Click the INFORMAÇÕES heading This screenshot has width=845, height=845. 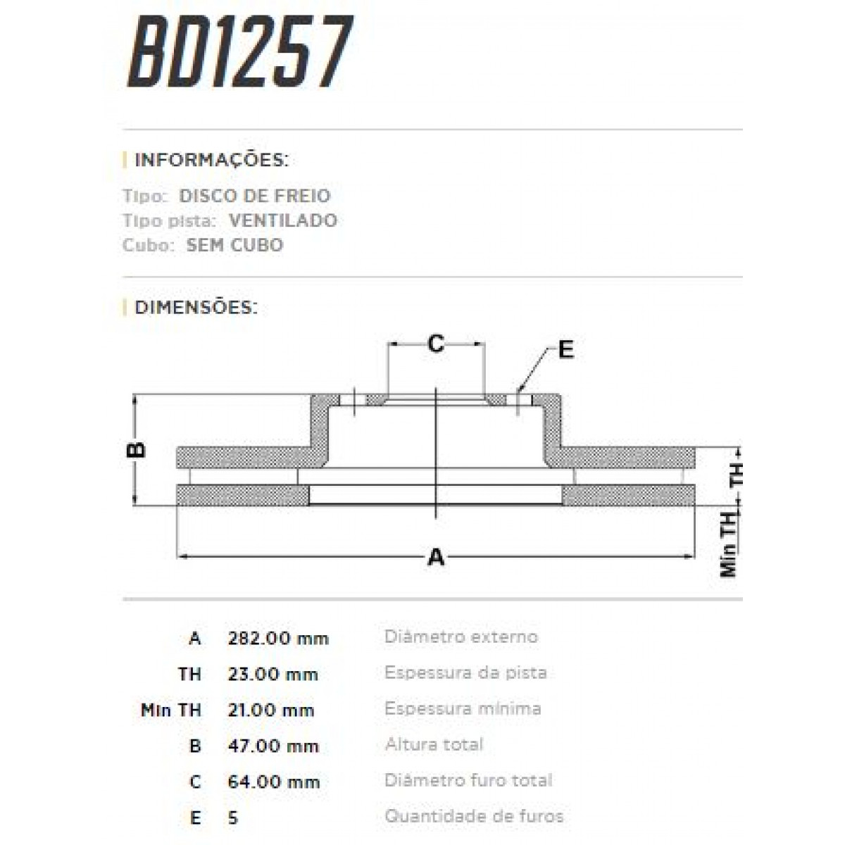211,160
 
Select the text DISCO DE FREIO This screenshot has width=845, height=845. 254,196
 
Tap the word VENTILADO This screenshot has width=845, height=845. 282,220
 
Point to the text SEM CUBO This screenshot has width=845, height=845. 234,245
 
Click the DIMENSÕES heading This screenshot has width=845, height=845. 196,308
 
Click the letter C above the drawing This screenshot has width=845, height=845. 437,344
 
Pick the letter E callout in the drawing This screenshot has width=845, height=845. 565,349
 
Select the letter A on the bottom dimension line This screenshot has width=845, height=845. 437,557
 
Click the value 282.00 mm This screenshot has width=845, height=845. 278,639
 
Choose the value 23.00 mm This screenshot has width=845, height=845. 273,675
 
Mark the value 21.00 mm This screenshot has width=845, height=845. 270,711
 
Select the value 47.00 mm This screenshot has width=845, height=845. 273,746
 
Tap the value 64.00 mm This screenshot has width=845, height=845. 273,782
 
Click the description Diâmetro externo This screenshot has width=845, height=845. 461,637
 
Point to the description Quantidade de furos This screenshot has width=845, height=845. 473,817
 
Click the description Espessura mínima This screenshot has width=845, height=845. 463,709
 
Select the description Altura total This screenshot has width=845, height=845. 434,745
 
